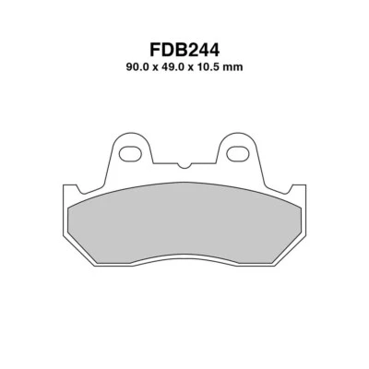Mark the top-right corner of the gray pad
pyautogui.click(x=296, y=198)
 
